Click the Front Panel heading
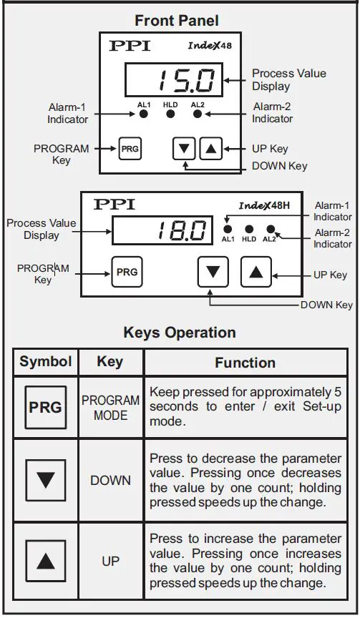[x=176, y=20]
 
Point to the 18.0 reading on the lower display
[x=181, y=230]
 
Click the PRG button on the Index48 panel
[x=130, y=149]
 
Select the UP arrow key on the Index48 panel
[x=210, y=149]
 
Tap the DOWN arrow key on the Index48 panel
[x=184, y=149]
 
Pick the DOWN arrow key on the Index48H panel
[x=213, y=272]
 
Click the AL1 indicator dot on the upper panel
[x=144, y=113]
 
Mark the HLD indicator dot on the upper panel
[x=170, y=113]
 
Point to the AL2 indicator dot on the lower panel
[x=271, y=230]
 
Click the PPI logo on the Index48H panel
[x=115, y=205]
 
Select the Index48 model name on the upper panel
[x=210, y=45]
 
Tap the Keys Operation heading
[x=180, y=333]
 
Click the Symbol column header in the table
[x=46, y=361]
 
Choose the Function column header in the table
[x=245, y=363]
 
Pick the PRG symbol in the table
[x=45, y=407]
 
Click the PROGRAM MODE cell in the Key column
[x=110, y=408]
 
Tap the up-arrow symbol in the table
[x=45, y=560]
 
